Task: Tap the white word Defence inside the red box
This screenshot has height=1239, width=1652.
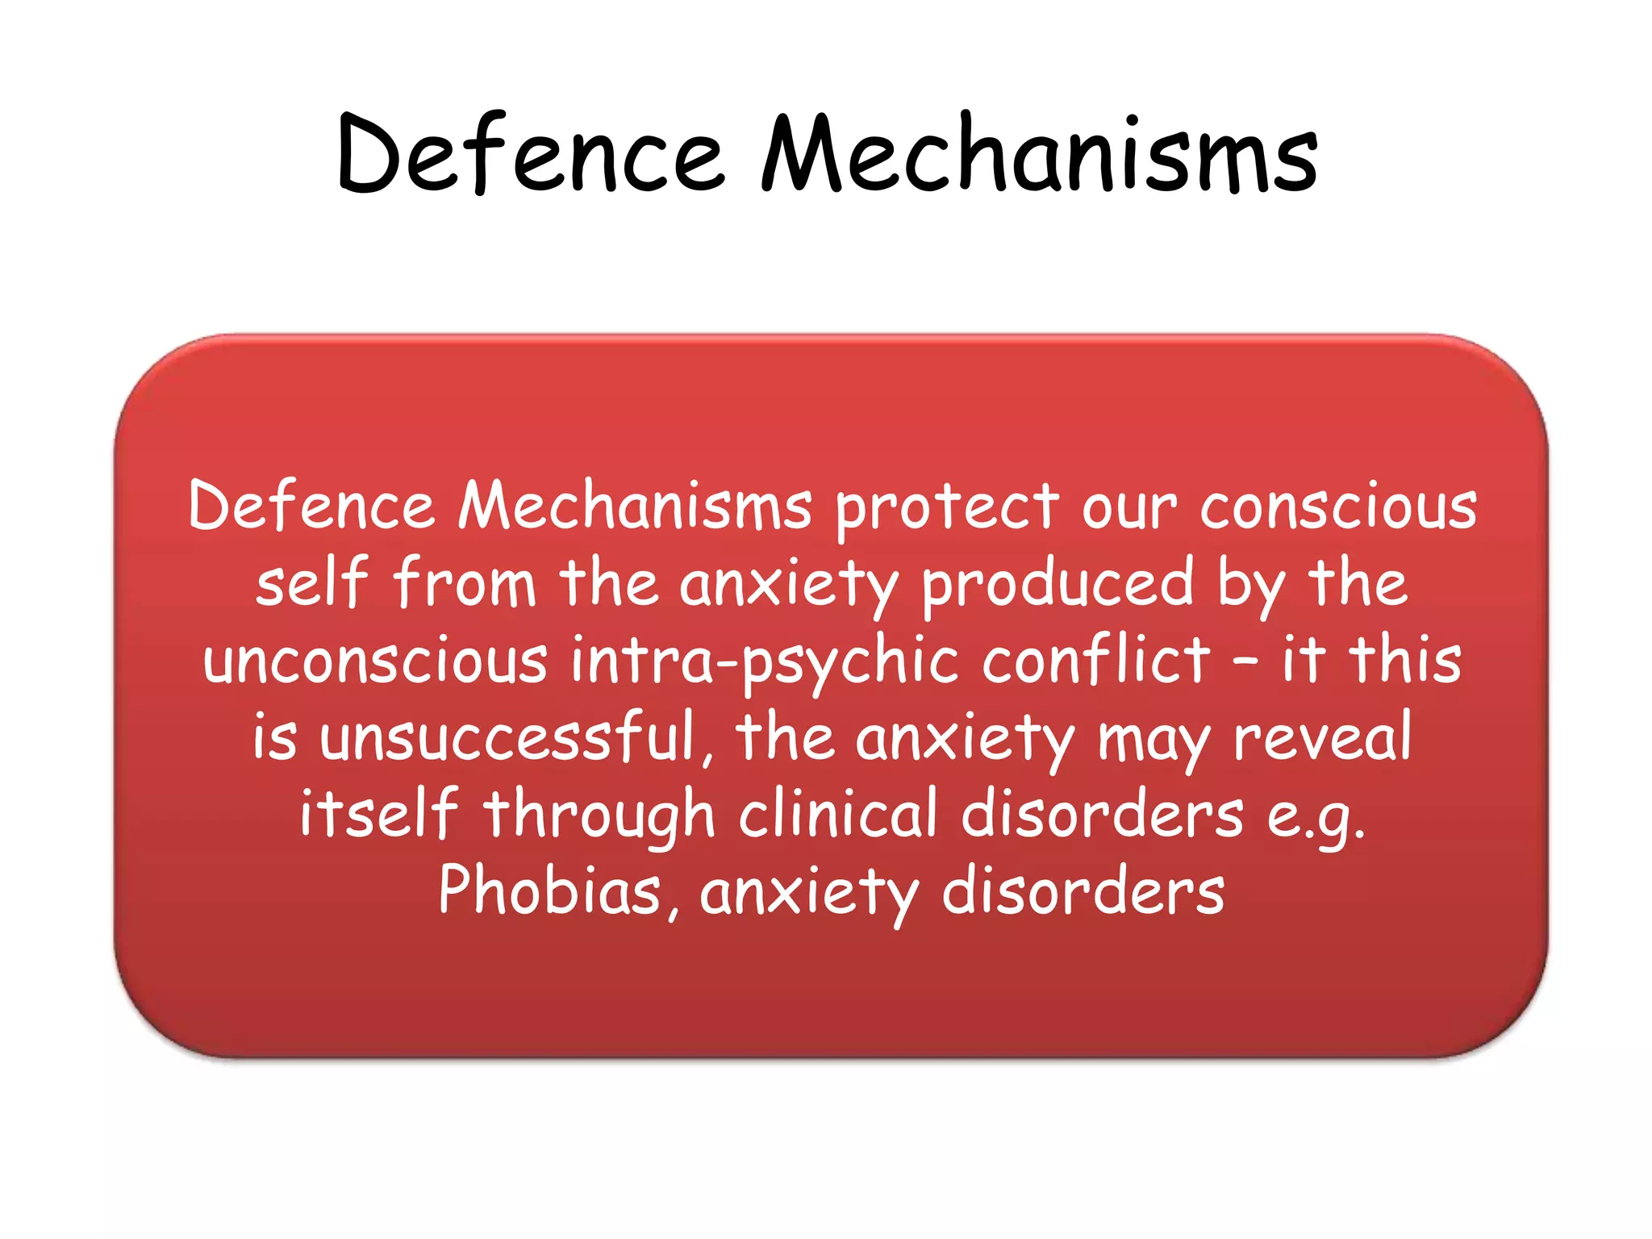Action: coord(311,507)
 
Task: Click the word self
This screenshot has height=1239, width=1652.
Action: coord(311,582)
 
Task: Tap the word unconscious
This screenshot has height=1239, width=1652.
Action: coord(375,660)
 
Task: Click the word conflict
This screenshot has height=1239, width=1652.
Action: coord(1097,660)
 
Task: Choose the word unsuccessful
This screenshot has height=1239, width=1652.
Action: coord(508,736)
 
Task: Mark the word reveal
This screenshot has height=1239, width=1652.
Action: coord(1323,737)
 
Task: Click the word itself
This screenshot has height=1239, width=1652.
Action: coord(378,813)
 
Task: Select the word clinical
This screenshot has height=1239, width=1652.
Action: coord(837,813)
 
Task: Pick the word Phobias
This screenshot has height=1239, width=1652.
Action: coord(550,891)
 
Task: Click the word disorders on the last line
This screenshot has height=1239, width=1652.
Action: coord(1083,891)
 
